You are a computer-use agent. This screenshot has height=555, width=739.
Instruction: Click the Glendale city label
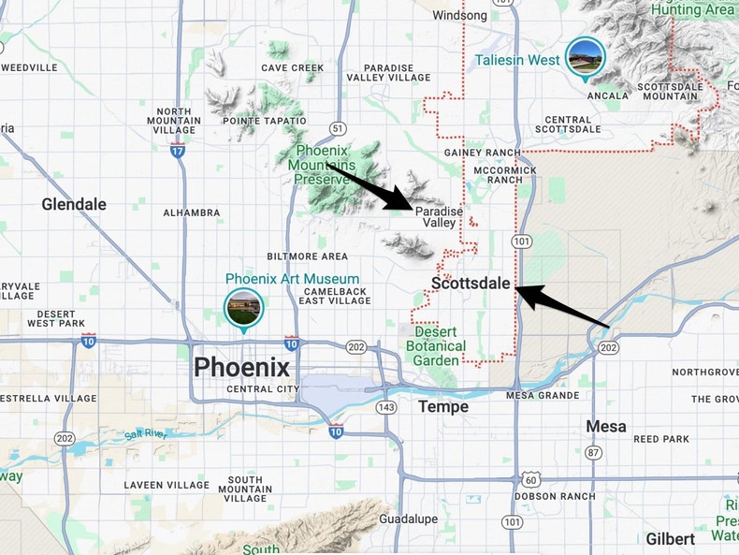74,204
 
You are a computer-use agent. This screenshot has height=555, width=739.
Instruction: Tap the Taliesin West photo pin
586,58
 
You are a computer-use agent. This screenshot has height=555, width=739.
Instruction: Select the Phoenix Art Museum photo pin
243,309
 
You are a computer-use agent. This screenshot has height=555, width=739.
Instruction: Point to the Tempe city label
443,406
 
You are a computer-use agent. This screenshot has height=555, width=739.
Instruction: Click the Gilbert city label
670,539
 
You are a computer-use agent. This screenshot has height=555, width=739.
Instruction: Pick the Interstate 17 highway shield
178,150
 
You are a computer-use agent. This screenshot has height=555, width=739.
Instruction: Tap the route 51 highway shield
338,128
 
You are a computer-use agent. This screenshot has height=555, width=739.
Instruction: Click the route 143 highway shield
386,407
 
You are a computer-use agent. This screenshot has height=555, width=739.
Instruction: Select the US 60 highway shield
531,479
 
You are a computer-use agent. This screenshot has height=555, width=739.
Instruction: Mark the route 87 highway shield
593,453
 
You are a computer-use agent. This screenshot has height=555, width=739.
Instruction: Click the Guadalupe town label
410,518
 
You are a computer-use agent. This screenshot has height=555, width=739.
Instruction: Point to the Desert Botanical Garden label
436,346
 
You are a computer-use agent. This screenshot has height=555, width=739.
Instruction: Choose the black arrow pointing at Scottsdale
562,307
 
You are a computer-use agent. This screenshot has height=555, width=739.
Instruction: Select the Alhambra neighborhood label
191,212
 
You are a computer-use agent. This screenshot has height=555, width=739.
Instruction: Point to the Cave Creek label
292,67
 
